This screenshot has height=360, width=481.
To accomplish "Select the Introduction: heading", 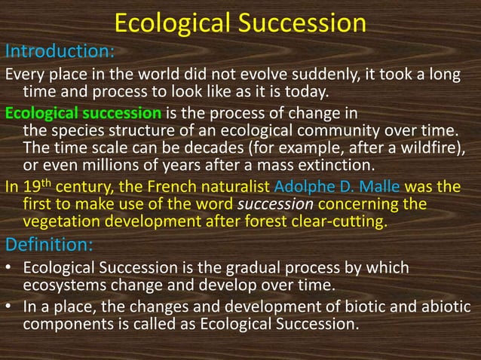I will [60, 52].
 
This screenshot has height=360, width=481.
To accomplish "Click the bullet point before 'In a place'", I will [9, 307].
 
